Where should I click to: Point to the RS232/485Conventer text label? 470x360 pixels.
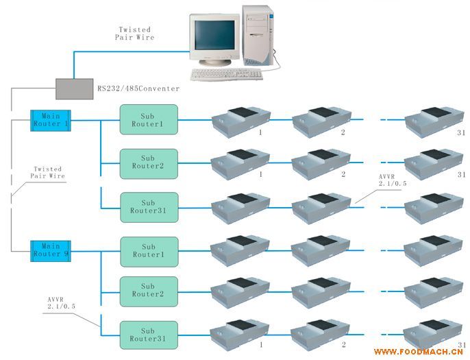(139, 89)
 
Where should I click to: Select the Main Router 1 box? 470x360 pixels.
(51, 121)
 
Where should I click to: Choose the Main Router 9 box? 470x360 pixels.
(51, 250)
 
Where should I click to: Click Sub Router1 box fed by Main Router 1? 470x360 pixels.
(148, 120)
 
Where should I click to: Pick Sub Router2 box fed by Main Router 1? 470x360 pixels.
(148, 163)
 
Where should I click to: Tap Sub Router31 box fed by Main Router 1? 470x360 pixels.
(148, 207)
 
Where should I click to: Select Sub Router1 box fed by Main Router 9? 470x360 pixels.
(148, 252)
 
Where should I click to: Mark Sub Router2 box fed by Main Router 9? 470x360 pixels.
(148, 291)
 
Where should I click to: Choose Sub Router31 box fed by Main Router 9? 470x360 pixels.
(148, 335)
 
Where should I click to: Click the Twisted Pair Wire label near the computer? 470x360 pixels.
(135, 34)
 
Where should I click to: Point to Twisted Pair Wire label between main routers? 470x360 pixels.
(46, 173)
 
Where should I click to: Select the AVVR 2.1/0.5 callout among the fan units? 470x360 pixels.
(394, 180)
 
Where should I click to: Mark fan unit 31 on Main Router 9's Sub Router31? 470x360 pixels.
(428, 334)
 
